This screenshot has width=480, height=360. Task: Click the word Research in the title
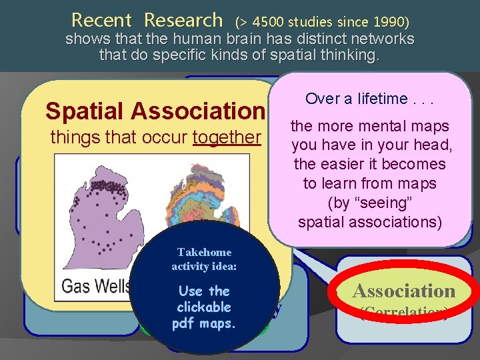[183, 20]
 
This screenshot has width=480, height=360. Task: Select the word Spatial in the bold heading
[83, 110]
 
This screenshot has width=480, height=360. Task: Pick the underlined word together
[226, 137]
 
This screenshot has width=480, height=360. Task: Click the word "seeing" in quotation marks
[371, 202]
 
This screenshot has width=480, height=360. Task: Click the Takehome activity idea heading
[204, 259]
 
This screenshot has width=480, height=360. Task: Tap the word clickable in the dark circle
[204, 307]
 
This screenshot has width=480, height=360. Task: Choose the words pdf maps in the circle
[204, 323]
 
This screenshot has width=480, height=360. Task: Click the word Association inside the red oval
[403, 291]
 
